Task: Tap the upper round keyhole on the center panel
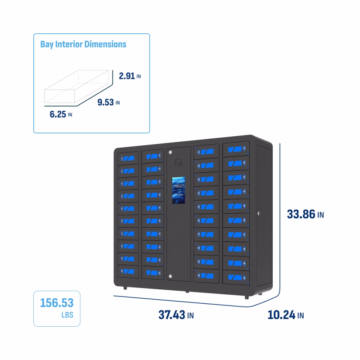click(171, 152)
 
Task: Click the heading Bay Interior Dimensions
click(83, 44)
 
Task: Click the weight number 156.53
click(57, 301)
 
